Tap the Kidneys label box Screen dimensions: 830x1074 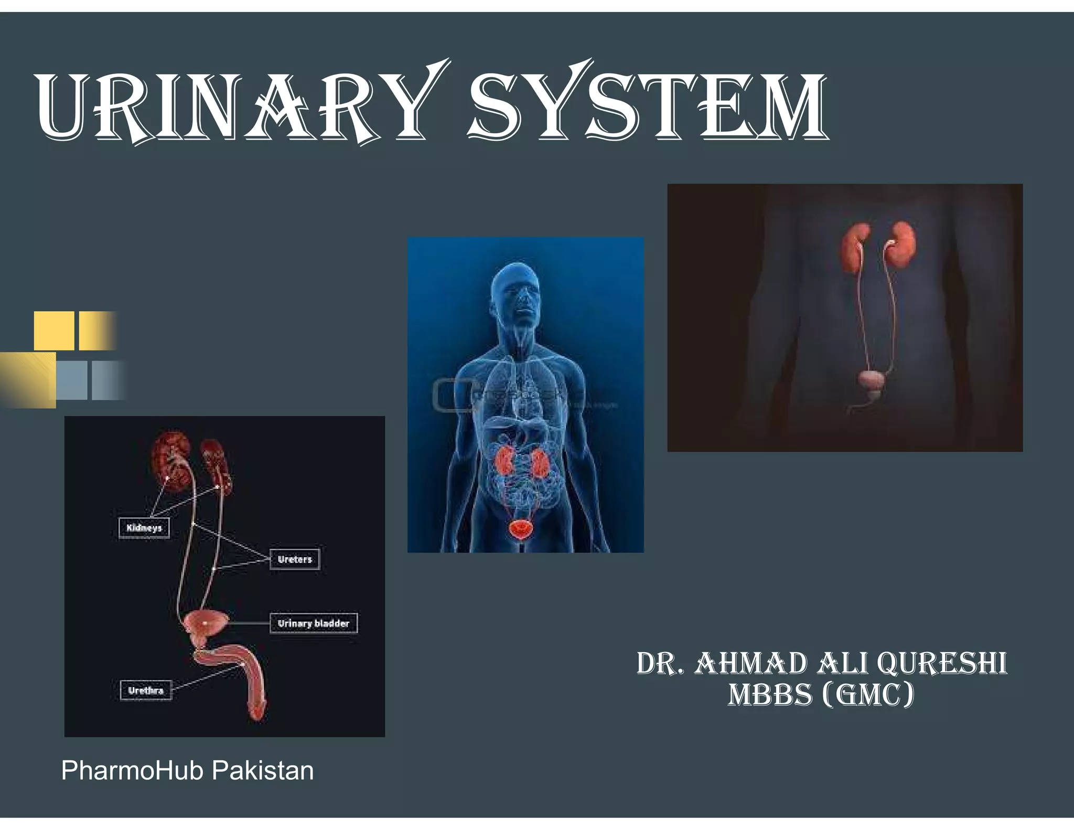tap(144, 528)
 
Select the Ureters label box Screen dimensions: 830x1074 tap(295, 559)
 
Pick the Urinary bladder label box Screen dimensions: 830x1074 tap(314, 623)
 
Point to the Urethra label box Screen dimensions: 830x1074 tap(146, 690)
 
